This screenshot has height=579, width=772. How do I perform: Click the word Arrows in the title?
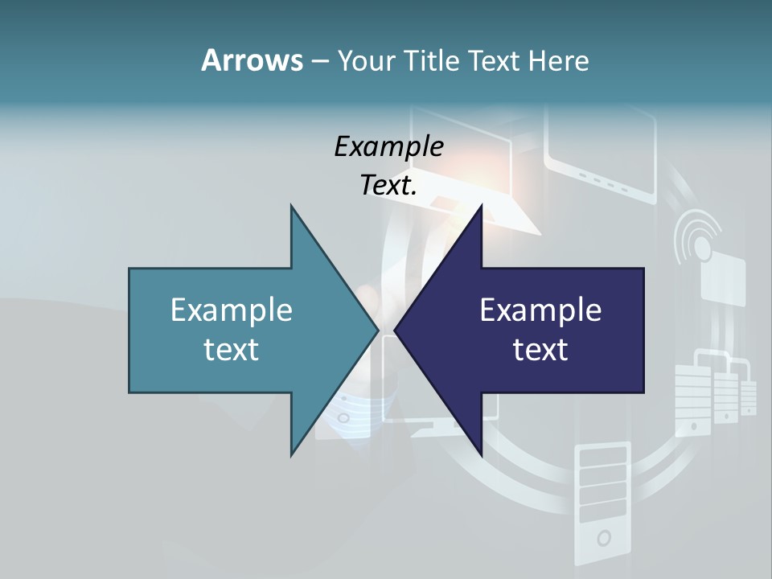click(x=252, y=60)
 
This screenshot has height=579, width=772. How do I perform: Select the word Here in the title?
click(x=558, y=61)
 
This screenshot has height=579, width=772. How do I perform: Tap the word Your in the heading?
click(x=367, y=61)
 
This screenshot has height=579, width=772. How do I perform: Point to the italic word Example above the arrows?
click(x=388, y=147)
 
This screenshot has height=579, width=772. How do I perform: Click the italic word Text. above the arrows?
click(x=388, y=186)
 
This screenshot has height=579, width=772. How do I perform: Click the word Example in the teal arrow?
click(x=232, y=310)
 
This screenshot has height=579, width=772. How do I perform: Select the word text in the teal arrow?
click(x=232, y=350)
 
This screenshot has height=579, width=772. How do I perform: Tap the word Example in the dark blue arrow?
click(x=540, y=310)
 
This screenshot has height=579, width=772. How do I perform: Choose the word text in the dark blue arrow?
click(x=540, y=350)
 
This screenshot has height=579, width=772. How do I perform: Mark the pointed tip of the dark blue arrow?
click(x=396, y=330)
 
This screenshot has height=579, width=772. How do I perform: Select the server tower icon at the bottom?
click(x=602, y=503)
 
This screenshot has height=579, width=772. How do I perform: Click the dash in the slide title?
click(x=319, y=61)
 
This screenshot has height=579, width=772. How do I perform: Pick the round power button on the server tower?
click(x=603, y=537)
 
